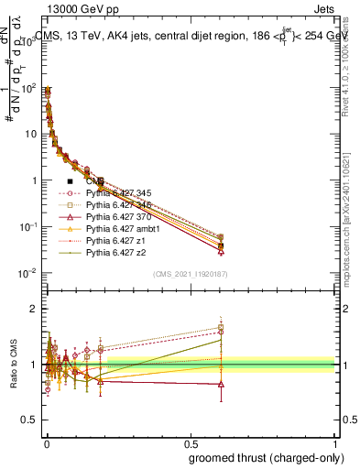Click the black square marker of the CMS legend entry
[x=71, y=181]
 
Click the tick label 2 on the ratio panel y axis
[x=32, y=308]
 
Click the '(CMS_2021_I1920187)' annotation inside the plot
[x=191, y=274]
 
